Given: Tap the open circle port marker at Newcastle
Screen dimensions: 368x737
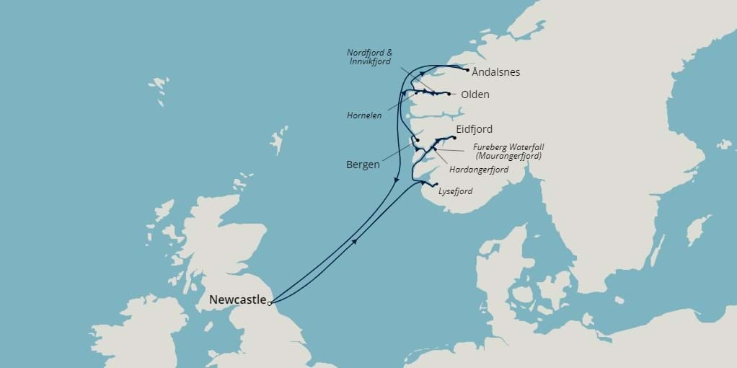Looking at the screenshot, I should coord(270,304).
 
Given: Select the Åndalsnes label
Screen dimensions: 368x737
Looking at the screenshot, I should coord(496,72).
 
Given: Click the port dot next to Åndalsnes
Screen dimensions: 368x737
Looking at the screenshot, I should coord(468,70).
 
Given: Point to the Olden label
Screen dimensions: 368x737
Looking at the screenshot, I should coord(475,95).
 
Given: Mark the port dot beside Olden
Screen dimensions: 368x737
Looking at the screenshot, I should coord(449,95).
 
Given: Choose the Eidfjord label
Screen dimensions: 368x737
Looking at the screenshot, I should coord(475,129).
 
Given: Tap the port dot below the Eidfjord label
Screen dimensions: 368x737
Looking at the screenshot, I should coord(454,137).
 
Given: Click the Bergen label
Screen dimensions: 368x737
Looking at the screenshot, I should coord(363,165).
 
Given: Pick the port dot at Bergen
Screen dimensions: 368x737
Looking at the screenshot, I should coord(418,140).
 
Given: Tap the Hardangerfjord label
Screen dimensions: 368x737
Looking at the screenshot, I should coord(479,170).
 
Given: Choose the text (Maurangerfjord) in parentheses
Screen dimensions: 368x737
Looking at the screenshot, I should coord(508,155).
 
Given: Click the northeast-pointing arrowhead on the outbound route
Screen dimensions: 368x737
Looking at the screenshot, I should coord(354,242).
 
